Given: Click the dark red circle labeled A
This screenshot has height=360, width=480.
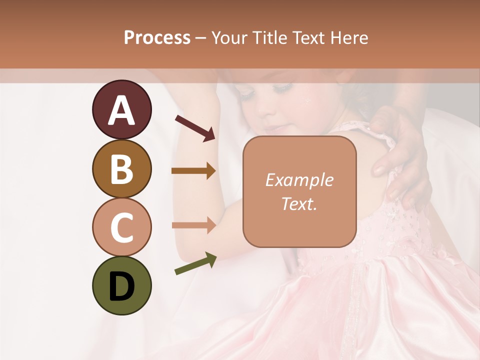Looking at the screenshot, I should [x=121, y=109].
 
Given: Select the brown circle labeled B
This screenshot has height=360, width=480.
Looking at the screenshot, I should [x=121, y=168].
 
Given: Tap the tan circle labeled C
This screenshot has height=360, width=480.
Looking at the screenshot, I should [x=121, y=227].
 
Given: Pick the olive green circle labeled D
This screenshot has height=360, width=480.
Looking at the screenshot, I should [x=121, y=286].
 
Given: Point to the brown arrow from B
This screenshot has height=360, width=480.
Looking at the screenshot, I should [x=193, y=171].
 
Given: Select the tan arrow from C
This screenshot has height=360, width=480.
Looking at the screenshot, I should [x=193, y=225].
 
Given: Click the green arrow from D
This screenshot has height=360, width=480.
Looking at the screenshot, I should [x=195, y=263].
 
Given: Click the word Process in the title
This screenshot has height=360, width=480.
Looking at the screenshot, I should [x=157, y=37].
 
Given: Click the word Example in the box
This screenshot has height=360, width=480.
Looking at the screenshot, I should [x=299, y=180].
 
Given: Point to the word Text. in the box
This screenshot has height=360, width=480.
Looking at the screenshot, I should [x=299, y=203].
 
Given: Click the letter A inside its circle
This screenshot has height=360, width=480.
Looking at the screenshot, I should [x=121, y=110].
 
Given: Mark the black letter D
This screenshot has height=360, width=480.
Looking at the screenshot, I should [x=121, y=287].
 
